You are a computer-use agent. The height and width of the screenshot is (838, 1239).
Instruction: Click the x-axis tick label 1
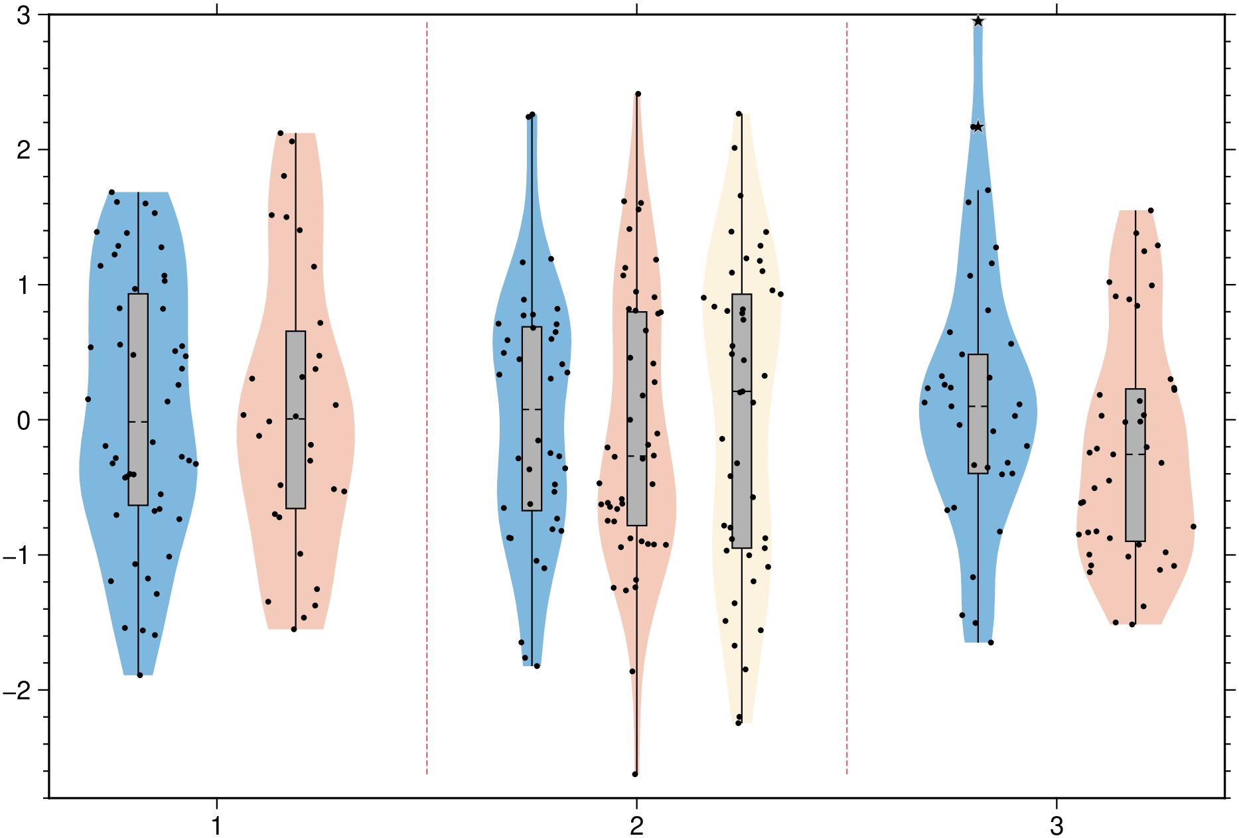pyautogui.click(x=216, y=826)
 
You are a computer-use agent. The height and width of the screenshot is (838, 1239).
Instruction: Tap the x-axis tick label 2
pyautogui.click(x=636, y=826)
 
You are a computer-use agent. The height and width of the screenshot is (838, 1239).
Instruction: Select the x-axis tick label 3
pyautogui.click(x=1057, y=826)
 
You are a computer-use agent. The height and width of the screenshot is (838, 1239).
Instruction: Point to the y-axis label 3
pyautogui.click(x=24, y=16)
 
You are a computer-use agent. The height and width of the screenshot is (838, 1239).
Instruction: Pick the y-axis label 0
pyautogui.click(x=24, y=421)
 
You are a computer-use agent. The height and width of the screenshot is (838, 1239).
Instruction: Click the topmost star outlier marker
pyautogui.click(x=978, y=21)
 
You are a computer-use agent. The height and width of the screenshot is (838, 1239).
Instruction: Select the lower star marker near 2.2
pyautogui.click(x=978, y=127)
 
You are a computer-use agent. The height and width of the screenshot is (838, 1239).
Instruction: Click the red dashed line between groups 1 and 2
pyautogui.click(x=427, y=398)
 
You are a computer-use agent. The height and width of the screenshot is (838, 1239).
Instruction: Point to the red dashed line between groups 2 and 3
pyautogui.click(x=847, y=398)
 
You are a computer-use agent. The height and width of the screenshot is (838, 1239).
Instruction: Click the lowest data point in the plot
pyautogui.click(x=635, y=774)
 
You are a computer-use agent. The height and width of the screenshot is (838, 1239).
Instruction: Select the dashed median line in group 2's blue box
pyautogui.click(x=532, y=409)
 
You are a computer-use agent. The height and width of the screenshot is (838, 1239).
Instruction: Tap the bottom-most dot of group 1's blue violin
pyautogui.click(x=139, y=675)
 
